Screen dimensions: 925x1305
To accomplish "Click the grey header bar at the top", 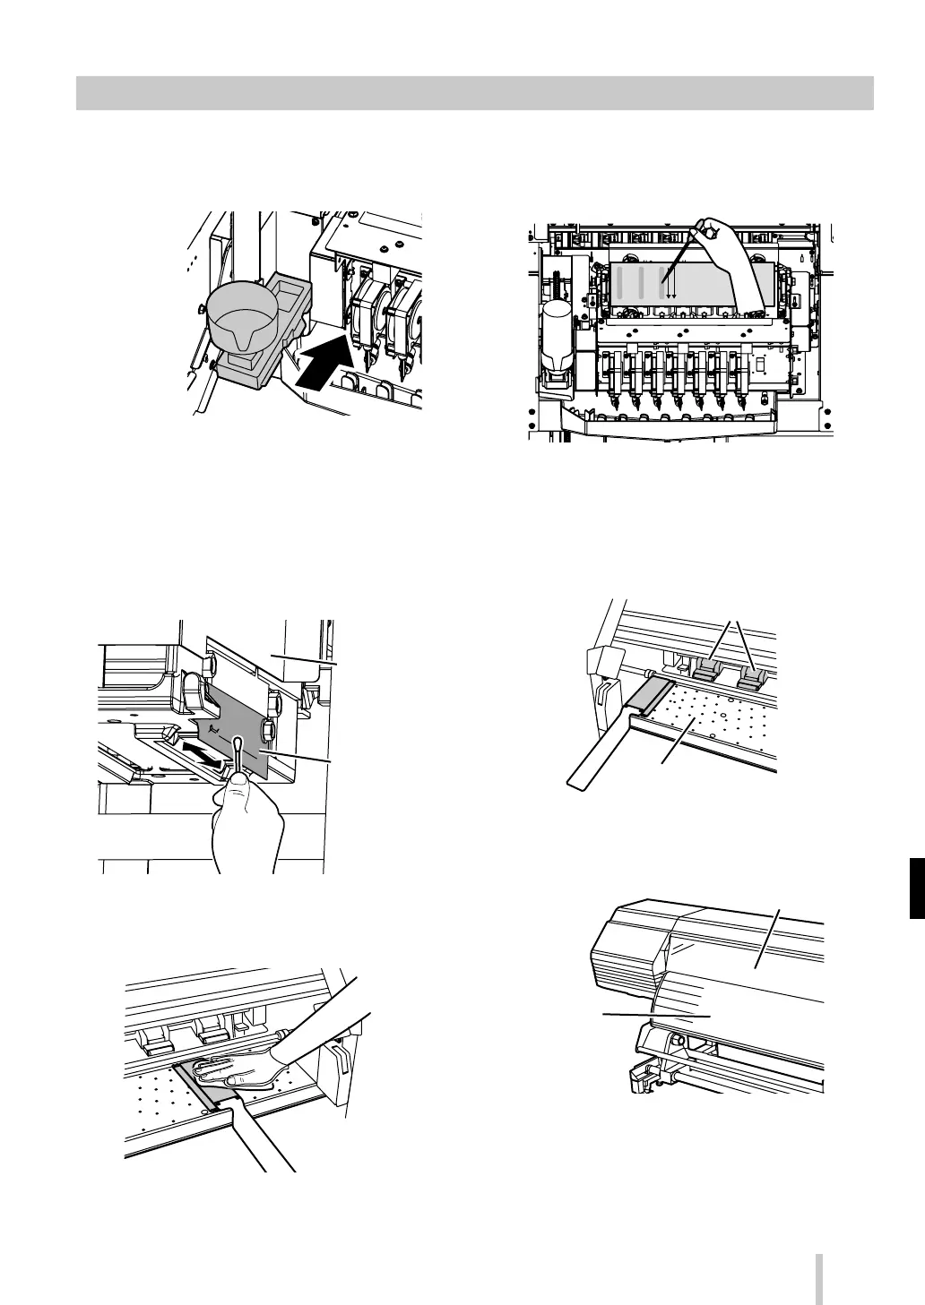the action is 474,92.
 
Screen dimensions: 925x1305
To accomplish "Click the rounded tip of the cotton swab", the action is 238,743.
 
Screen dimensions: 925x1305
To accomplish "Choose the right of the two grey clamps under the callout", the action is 749,676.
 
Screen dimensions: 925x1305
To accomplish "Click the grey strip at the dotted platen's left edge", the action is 648,694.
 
